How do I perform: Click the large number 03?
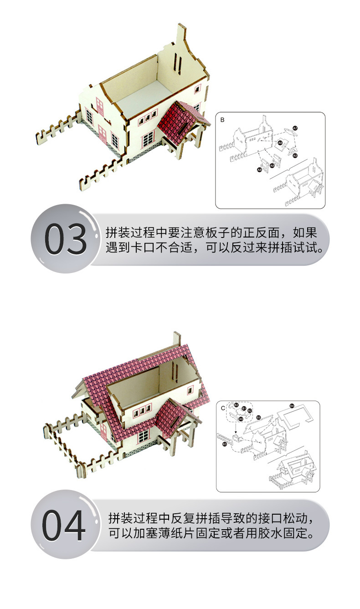click(x=65, y=239)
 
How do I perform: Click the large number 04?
click(x=64, y=525)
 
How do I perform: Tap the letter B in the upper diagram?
click(x=222, y=120)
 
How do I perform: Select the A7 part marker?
click(x=295, y=129)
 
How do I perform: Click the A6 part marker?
click(x=280, y=143)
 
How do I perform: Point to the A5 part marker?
click(x=295, y=155)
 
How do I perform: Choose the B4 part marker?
click(x=292, y=405)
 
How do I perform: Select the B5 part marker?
click(x=258, y=417)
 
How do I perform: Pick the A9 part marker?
click(x=241, y=418)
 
